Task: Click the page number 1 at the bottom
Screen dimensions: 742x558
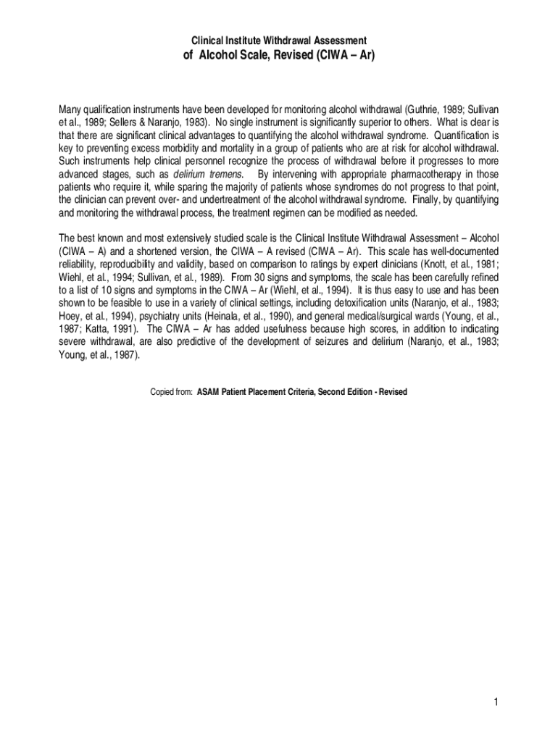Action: pyautogui.click(x=494, y=701)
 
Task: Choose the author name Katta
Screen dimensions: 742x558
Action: pyautogui.click(x=93, y=329)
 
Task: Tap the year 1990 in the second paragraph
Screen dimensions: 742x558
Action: pyautogui.click(x=278, y=316)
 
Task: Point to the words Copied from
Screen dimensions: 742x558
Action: pyautogui.click(x=171, y=392)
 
